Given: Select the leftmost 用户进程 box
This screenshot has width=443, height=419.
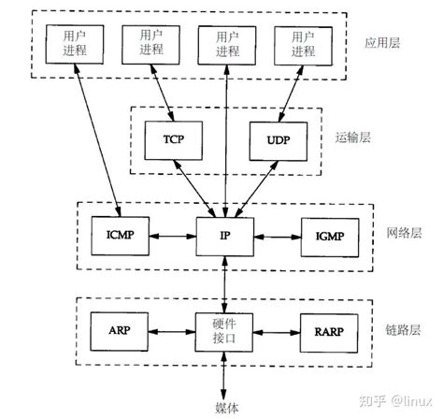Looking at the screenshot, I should tap(68, 42).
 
